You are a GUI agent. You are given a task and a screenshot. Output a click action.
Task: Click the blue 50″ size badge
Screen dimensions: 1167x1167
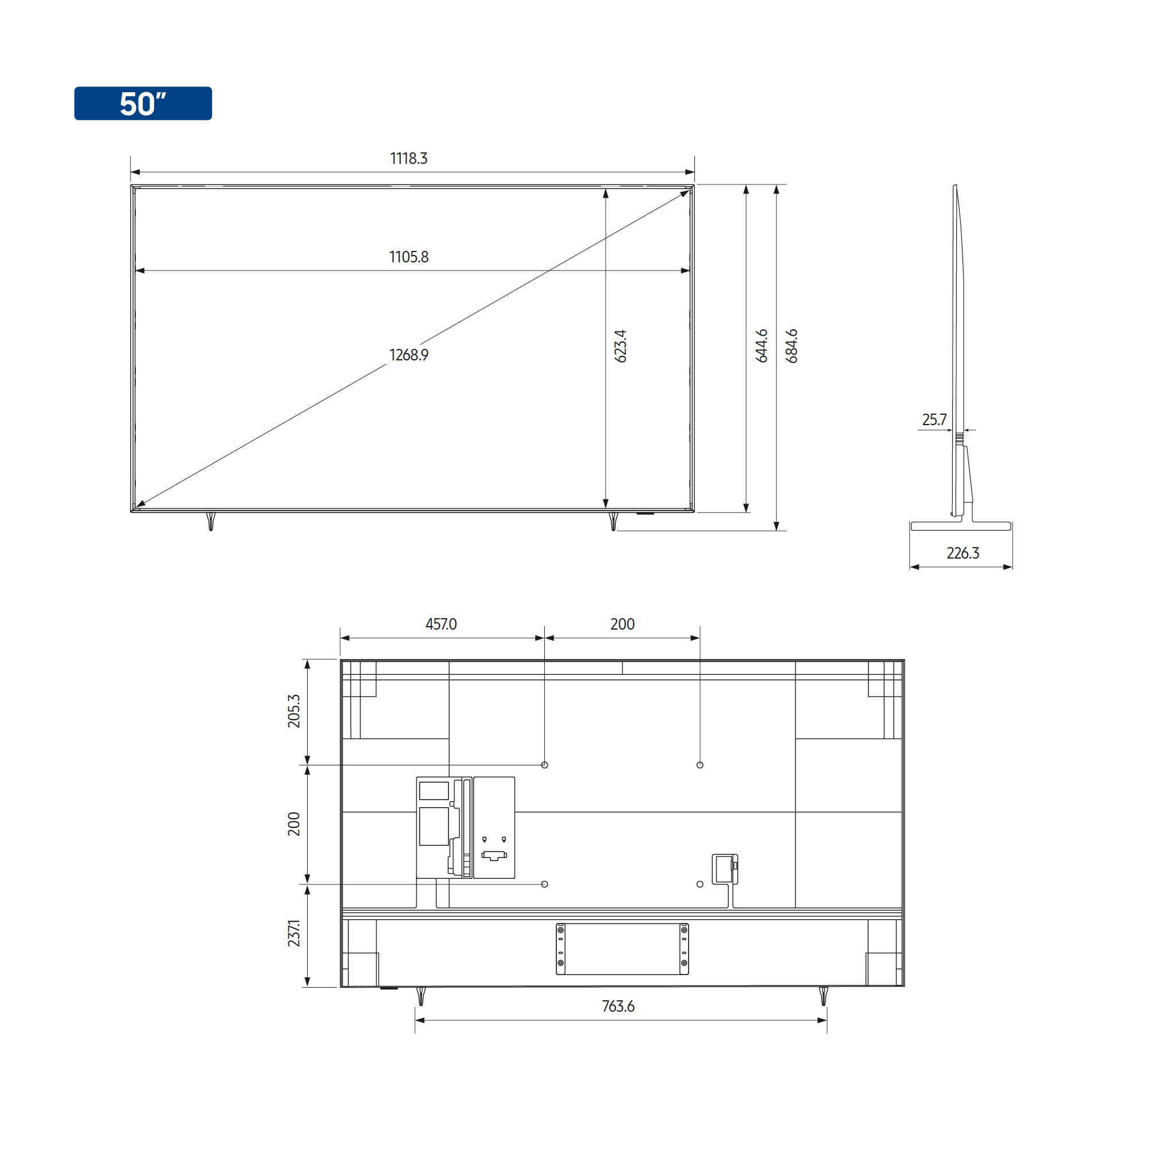point(143,103)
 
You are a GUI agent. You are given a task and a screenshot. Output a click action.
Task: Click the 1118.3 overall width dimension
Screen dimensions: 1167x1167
point(409,158)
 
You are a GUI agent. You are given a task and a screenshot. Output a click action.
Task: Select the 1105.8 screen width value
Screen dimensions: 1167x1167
point(409,257)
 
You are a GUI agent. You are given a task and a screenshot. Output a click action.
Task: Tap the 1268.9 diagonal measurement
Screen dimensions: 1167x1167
point(409,355)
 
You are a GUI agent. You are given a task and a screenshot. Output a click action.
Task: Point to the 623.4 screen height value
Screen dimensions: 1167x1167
point(620,346)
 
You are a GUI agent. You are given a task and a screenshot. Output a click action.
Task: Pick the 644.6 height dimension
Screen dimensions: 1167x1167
point(762,346)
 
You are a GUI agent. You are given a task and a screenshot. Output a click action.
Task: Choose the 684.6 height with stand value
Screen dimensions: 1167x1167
point(791,346)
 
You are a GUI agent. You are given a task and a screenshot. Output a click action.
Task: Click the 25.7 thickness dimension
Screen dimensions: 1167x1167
point(934,419)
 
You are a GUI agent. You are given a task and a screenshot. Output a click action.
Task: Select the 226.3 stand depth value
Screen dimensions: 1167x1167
point(963,553)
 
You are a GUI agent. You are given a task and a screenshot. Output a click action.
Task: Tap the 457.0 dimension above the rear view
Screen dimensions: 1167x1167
point(441,624)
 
